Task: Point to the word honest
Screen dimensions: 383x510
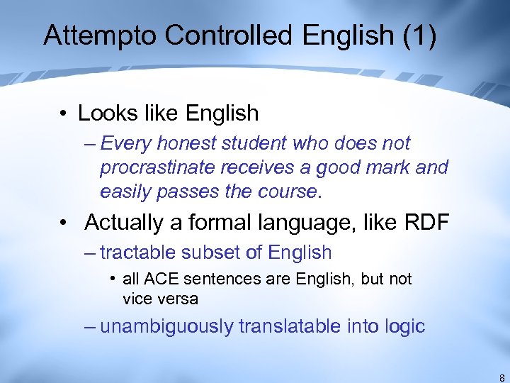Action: coord(186,143)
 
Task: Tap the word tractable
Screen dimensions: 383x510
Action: coord(139,252)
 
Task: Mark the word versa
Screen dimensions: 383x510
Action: coord(181,299)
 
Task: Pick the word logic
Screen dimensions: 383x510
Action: coord(403,326)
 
